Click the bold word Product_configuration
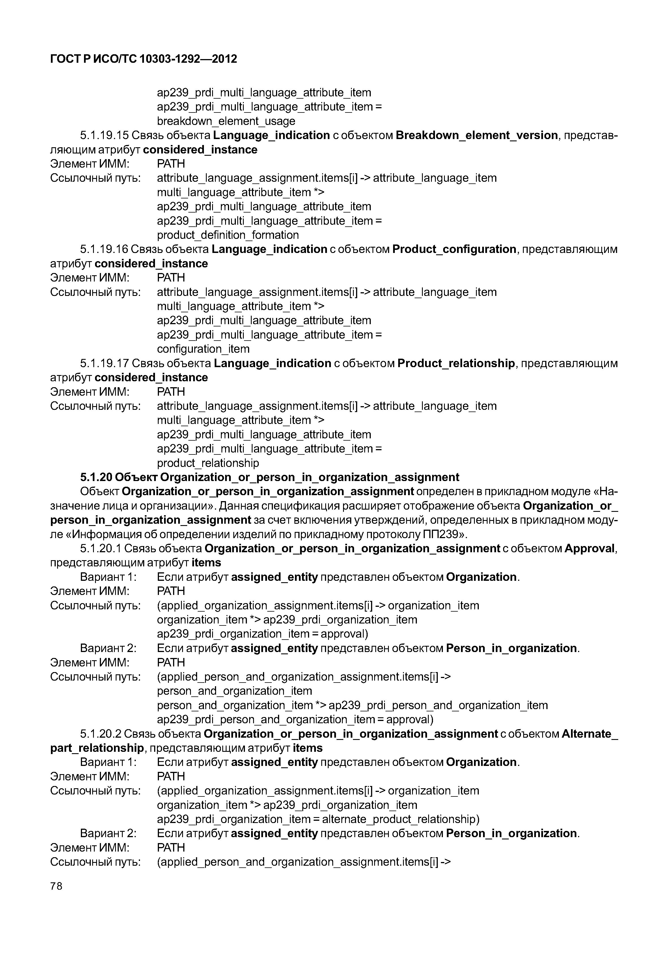[454, 249]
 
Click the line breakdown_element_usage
[226, 121]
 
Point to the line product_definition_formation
[228, 235]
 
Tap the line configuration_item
[203, 349]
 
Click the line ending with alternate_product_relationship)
[318, 819]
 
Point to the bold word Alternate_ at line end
[589, 734]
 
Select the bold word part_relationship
[97, 748]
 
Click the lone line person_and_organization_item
[234, 691]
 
